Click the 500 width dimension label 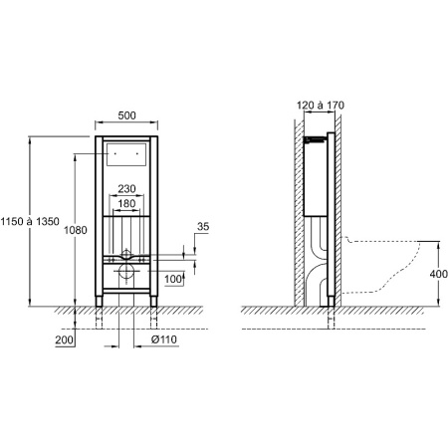point(126,115)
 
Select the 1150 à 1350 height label point(30,221)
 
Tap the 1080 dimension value point(76,230)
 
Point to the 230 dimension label point(126,189)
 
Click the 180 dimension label point(126,203)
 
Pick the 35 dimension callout point(203,227)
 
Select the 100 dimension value point(173,279)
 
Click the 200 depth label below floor point(64,339)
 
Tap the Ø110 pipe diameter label point(164,339)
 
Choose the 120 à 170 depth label point(321,106)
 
